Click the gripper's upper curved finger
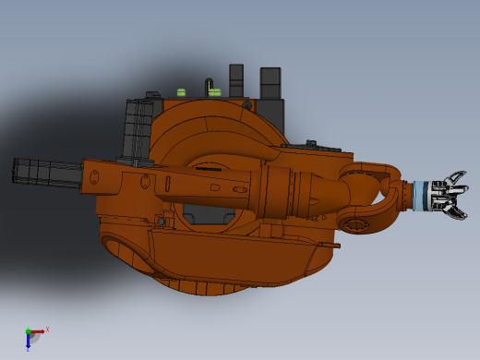455,177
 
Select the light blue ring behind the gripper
421,196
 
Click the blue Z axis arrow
29,342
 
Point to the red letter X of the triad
47,329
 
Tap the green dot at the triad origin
29,332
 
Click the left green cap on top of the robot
182,91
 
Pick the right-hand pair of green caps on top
214,91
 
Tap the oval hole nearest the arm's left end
94,176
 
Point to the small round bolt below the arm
161,222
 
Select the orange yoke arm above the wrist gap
369,171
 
